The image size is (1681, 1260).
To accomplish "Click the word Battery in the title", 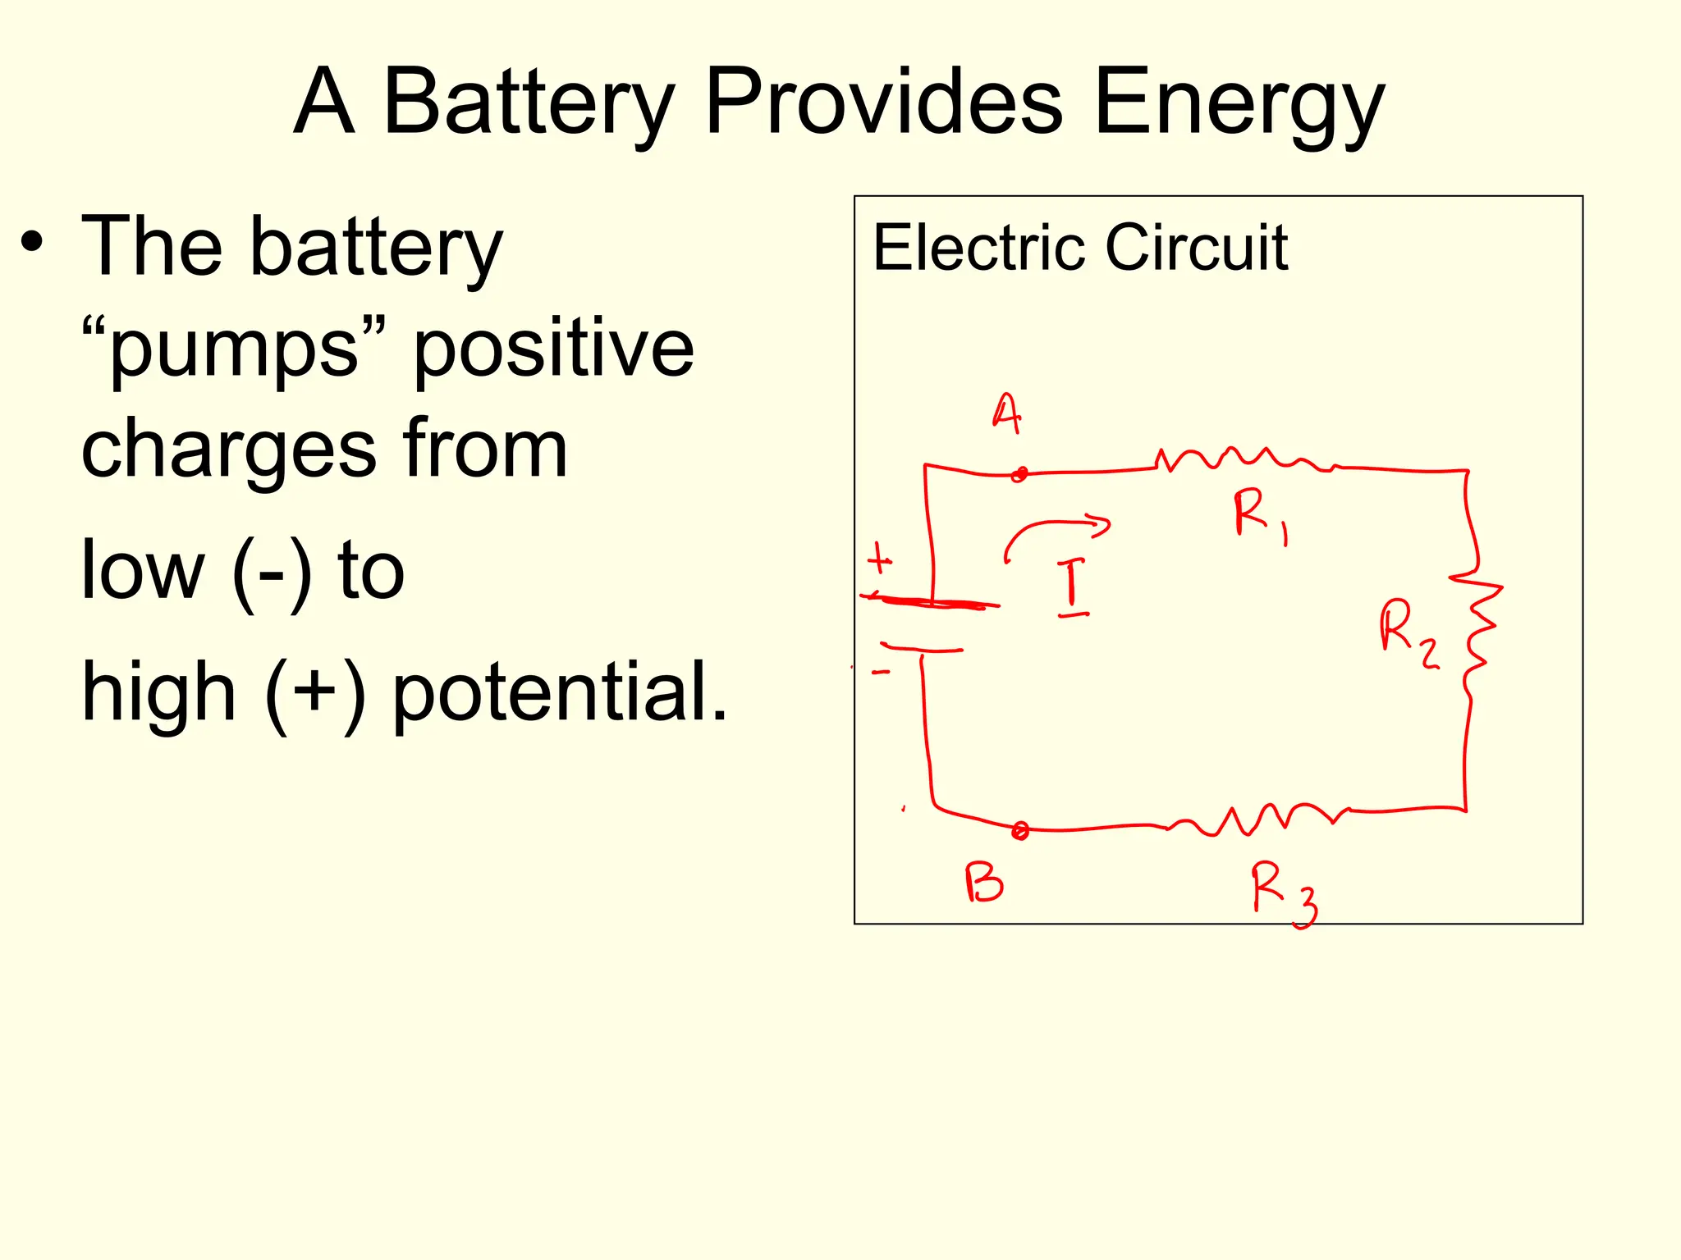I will (529, 103).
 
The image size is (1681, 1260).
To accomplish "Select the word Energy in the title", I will (1239, 103).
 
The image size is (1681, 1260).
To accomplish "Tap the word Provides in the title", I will (884, 103).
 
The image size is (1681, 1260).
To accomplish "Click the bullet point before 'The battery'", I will (32, 243).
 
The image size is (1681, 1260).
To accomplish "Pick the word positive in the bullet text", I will (553, 348).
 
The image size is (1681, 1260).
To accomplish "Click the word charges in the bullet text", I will (229, 450).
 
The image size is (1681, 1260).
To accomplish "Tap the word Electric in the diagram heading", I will (980, 247).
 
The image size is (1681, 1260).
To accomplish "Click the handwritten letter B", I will (983, 883).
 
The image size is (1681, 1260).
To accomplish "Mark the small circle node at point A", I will (1019, 474).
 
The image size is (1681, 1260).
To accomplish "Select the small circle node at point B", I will (1020, 831).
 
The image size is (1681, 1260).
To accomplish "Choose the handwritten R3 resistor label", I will (1282, 893).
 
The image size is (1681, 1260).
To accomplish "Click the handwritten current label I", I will (1071, 586).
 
